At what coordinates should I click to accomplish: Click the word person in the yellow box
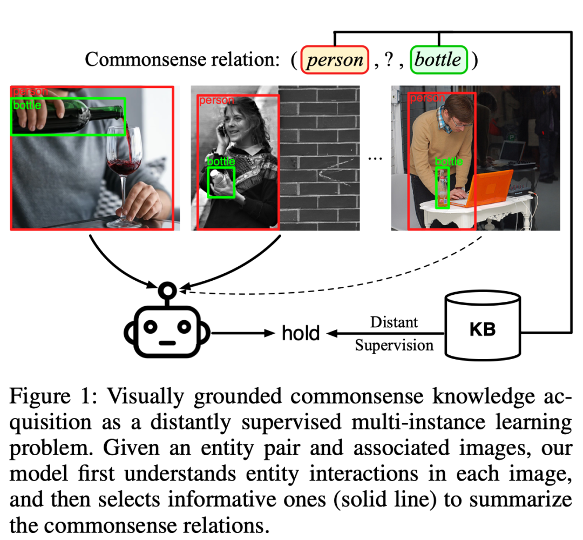(x=335, y=59)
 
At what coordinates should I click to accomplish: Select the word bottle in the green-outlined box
(x=438, y=59)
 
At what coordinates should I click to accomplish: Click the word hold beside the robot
(x=301, y=333)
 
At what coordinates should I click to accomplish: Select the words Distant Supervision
(x=394, y=334)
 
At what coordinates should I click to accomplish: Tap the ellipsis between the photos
(x=375, y=158)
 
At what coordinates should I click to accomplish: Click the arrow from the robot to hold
(x=243, y=333)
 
